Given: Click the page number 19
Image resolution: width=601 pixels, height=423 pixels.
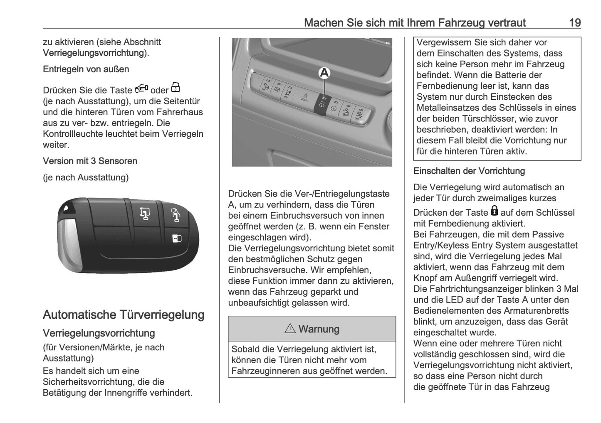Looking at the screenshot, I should (x=574, y=22).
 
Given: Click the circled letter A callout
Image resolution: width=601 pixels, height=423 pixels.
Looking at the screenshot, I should (x=324, y=73).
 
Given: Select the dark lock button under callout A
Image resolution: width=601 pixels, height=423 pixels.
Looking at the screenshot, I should (x=322, y=104).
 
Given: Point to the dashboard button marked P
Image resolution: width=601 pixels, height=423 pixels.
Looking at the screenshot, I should (x=265, y=86).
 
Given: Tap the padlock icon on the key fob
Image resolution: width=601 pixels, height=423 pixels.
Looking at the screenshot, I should (x=176, y=238).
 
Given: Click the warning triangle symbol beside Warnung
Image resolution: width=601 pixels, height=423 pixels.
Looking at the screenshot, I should (x=290, y=329).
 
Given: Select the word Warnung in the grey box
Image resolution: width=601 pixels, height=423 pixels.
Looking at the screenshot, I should (x=319, y=329).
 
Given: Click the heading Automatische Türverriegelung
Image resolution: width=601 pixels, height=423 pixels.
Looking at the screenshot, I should (x=124, y=315).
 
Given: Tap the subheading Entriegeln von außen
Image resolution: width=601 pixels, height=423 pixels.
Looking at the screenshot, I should (x=86, y=69).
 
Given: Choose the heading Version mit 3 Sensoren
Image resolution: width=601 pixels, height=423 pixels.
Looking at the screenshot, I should (x=90, y=161).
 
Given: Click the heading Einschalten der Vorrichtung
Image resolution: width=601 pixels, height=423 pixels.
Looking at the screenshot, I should (x=469, y=171).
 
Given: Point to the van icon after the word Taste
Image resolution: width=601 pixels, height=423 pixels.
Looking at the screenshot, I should (x=141, y=89).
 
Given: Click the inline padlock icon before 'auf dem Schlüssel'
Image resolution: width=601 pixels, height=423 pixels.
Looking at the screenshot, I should (x=494, y=211).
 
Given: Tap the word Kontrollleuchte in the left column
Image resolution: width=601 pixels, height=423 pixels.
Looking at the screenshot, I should (x=73, y=134).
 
